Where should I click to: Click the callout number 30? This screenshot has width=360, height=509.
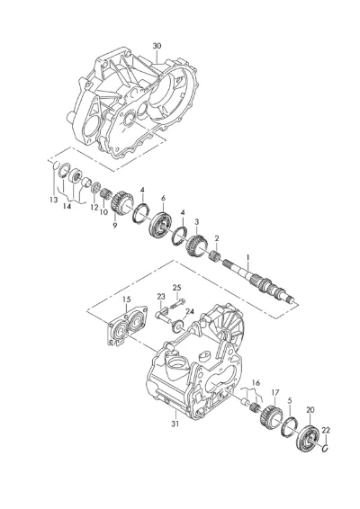tap(157, 46)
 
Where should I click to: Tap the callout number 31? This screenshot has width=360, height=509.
tap(175, 424)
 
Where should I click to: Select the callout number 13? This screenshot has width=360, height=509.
tap(54, 200)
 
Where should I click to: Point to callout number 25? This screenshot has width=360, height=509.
tap(176, 288)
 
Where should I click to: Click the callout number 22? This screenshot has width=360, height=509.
tap(326, 431)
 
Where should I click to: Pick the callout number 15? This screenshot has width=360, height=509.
tap(126, 299)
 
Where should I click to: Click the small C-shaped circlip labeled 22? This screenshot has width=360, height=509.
tap(326, 448)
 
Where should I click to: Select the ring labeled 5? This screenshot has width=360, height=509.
tap(288, 425)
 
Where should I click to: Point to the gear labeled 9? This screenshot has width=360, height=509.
tap(121, 201)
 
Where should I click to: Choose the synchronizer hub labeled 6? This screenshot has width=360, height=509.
tap(161, 225)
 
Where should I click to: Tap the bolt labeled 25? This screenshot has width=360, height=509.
tap(177, 304)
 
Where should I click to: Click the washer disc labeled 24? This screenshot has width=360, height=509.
tap(177, 326)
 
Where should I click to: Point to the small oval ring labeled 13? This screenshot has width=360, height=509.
tap(56, 165)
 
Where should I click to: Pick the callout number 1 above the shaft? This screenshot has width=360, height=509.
tap(247, 258)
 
